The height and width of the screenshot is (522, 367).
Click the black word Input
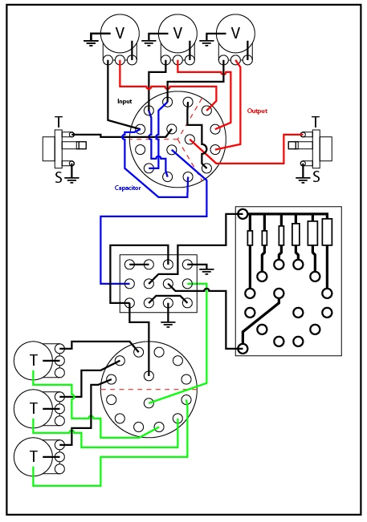pyautogui.click(x=124, y=101)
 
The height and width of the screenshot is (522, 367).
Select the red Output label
pyautogui.click(x=257, y=111)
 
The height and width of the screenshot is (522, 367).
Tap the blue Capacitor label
pyautogui.click(x=128, y=188)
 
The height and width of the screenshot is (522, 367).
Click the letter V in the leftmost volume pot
pyautogui.click(x=120, y=33)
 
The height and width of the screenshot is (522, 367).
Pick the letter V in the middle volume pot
pyautogui.click(x=177, y=33)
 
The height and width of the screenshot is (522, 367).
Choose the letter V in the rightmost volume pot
pyautogui.click(x=235, y=33)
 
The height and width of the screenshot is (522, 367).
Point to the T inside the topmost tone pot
pyautogui.click(x=33, y=361)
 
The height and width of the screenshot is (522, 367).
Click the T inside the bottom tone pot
pyautogui.click(x=33, y=455)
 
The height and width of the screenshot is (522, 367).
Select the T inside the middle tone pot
pyautogui.click(x=33, y=408)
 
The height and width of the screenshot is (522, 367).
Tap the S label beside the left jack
pyautogui.click(x=59, y=177)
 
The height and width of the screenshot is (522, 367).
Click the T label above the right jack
pyautogui.click(x=316, y=122)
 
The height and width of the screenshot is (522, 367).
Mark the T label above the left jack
pyautogui.click(x=59, y=122)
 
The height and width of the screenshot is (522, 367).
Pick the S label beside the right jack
pyautogui.click(x=316, y=177)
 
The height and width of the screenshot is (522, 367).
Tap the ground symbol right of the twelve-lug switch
pyautogui.click(x=206, y=269)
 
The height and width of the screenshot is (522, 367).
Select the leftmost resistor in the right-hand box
pyautogui.click(x=250, y=237)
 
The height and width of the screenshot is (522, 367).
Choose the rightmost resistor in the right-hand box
pyautogui.click(x=327, y=233)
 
